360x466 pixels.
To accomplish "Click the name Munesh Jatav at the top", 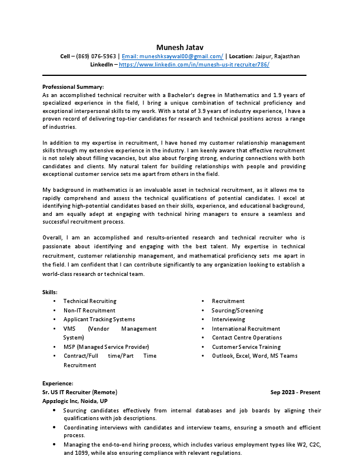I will tap(180, 47).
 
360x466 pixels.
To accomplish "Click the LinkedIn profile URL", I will tap(194, 65).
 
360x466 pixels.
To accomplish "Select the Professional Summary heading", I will tap(73, 86).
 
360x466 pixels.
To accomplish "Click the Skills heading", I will tap(50, 292).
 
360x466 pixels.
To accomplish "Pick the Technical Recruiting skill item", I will tap(89, 301).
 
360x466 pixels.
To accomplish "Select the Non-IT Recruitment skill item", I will tap(89, 311).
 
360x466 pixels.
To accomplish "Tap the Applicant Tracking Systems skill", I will tap(99, 319).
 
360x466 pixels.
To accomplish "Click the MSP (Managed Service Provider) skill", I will tap(106, 347).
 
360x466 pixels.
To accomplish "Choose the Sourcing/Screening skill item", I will tap(237, 311).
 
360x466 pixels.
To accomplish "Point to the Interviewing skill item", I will tap(228, 319).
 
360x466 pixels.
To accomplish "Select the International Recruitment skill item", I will tap(246, 329).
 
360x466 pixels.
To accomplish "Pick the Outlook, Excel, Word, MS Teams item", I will tap(254, 356).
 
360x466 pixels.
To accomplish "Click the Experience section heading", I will tap(58, 383).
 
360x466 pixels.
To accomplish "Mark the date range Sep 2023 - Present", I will tap(295, 392).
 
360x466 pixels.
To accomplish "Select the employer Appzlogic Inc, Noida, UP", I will tap(75, 401).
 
